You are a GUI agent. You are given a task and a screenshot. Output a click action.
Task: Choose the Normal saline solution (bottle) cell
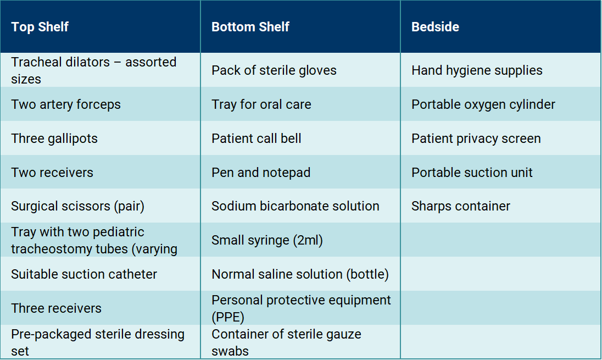point(300,274)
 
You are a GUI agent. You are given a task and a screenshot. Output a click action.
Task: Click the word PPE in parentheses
point(228,317)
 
